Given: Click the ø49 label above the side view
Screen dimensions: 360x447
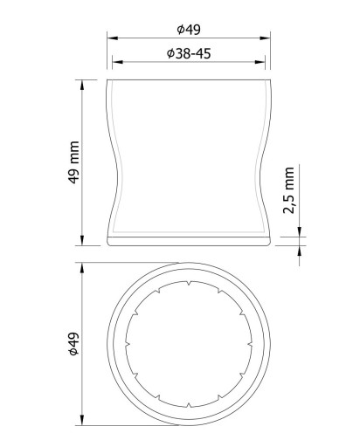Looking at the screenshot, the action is pyautogui.click(x=189, y=30).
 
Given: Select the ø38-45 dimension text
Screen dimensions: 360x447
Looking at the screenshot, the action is pyautogui.click(x=189, y=53).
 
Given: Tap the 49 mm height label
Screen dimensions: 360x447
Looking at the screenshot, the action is pyautogui.click(x=73, y=162).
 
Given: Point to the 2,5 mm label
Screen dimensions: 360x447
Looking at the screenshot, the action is pyautogui.click(x=288, y=190).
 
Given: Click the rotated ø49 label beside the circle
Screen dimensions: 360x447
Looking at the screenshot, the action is pyautogui.click(x=73, y=344).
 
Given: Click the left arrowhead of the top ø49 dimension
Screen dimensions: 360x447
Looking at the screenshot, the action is pyautogui.click(x=112, y=38).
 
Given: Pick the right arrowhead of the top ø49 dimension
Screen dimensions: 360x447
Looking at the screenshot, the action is pyautogui.click(x=265, y=38).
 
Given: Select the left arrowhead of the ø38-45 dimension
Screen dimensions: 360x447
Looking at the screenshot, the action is pyautogui.click(x=117, y=62).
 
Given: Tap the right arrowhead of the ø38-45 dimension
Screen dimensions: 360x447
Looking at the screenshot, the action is pyautogui.click(x=260, y=62).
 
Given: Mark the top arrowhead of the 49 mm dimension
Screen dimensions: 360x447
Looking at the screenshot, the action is pyautogui.click(x=82, y=85).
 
